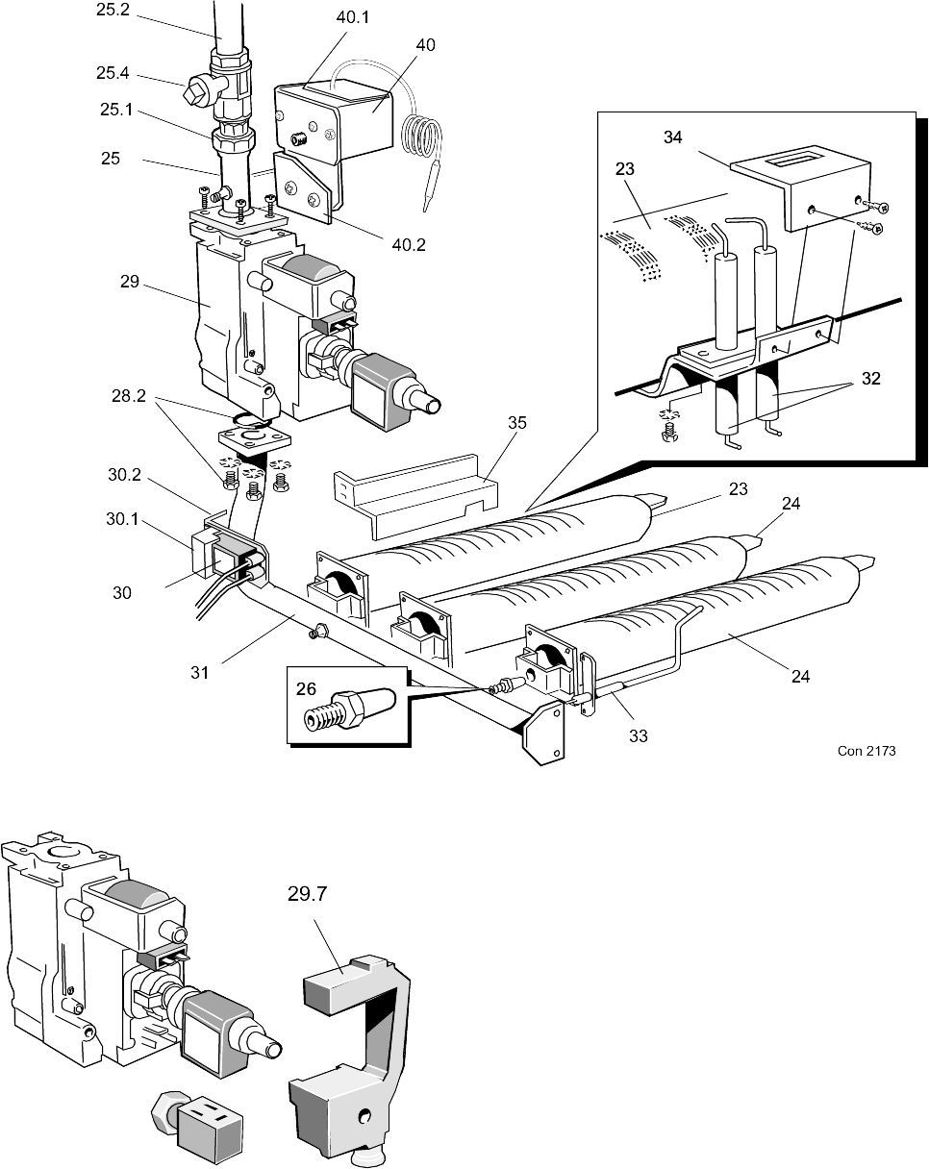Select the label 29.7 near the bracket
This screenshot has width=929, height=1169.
tap(308, 893)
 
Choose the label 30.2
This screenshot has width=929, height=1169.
tap(125, 474)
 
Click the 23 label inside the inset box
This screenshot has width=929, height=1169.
tap(626, 168)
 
